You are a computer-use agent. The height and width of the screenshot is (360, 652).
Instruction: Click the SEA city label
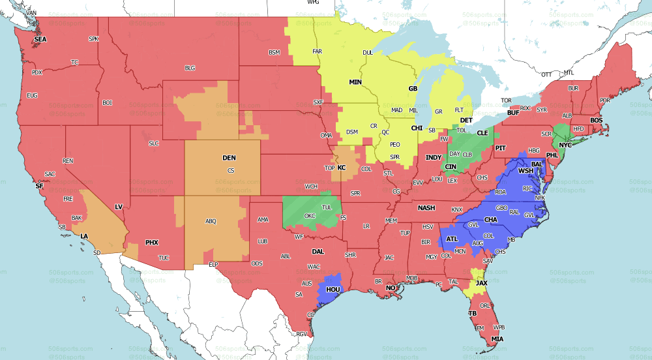[x=40, y=39]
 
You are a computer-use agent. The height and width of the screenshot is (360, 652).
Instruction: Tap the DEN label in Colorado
[x=229, y=158]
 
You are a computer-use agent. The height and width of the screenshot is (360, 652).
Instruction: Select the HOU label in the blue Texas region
[x=333, y=288]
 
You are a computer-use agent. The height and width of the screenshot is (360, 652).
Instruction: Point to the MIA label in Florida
[x=498, y=339]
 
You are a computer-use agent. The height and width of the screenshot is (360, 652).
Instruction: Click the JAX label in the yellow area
[x=481, y=283]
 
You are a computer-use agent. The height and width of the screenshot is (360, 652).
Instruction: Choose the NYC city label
[x=565, y=144]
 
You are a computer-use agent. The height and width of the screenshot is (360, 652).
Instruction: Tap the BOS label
[x=597, y=121]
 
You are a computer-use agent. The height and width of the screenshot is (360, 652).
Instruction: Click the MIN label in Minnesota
[x=355, y=82]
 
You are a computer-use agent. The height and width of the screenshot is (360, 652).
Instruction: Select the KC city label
[x=341, y=168]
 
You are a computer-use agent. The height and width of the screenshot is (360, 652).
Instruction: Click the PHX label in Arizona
[x=151, y=243]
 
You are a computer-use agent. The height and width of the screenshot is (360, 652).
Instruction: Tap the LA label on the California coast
[x=84, y=236]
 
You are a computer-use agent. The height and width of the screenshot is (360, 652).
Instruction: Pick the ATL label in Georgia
[x=451, y=239]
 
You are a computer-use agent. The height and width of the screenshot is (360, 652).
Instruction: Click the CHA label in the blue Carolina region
[x=491, y=220]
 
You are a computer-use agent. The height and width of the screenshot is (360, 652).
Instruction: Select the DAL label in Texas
[x=318, y=250]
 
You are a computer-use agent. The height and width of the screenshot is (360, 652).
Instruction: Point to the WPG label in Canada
[x=314, y=3]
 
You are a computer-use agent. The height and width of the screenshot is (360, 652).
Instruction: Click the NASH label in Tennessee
[x=426, y=207]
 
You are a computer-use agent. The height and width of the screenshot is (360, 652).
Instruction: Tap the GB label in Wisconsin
[x=412, y=88]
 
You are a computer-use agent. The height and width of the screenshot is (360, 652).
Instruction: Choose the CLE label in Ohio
[x=482, y=132]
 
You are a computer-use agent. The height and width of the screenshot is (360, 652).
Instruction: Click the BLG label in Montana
[x=190, y=67]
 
